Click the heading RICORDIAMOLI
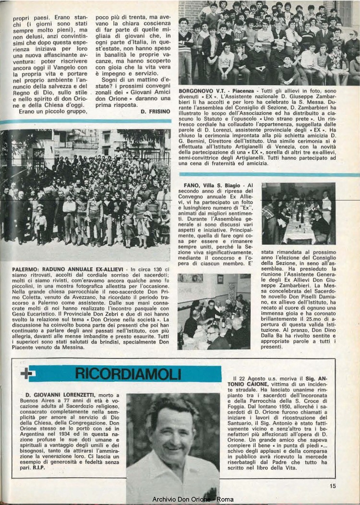(x=127, y=374)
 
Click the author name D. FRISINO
(x=156, y=111)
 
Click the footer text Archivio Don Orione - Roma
(x=193, y=499)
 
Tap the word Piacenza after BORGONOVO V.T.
(x=231, y=90)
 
